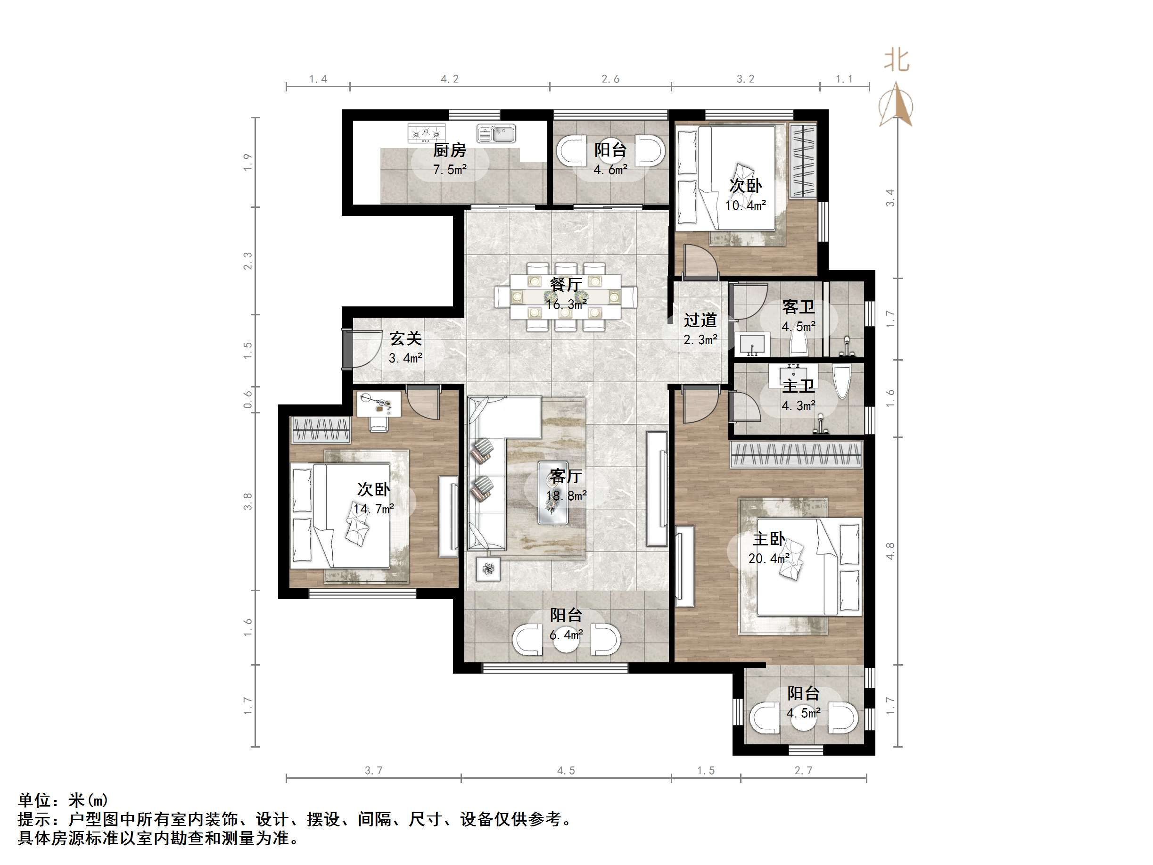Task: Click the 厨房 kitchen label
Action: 449,150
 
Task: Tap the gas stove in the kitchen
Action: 427,133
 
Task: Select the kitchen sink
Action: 496,133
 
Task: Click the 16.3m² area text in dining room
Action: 566,305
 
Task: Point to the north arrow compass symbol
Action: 896,105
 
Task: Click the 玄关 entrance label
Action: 405,339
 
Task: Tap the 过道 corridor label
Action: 700,320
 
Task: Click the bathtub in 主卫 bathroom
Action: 842,382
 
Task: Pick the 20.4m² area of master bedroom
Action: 768,559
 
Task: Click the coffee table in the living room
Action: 553,492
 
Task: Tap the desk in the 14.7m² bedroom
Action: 379,404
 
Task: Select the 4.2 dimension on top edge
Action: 449,79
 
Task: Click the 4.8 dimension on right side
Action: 890,551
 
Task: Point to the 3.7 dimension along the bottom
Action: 373,771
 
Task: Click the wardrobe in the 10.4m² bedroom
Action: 803,161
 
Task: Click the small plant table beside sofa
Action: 488,569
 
